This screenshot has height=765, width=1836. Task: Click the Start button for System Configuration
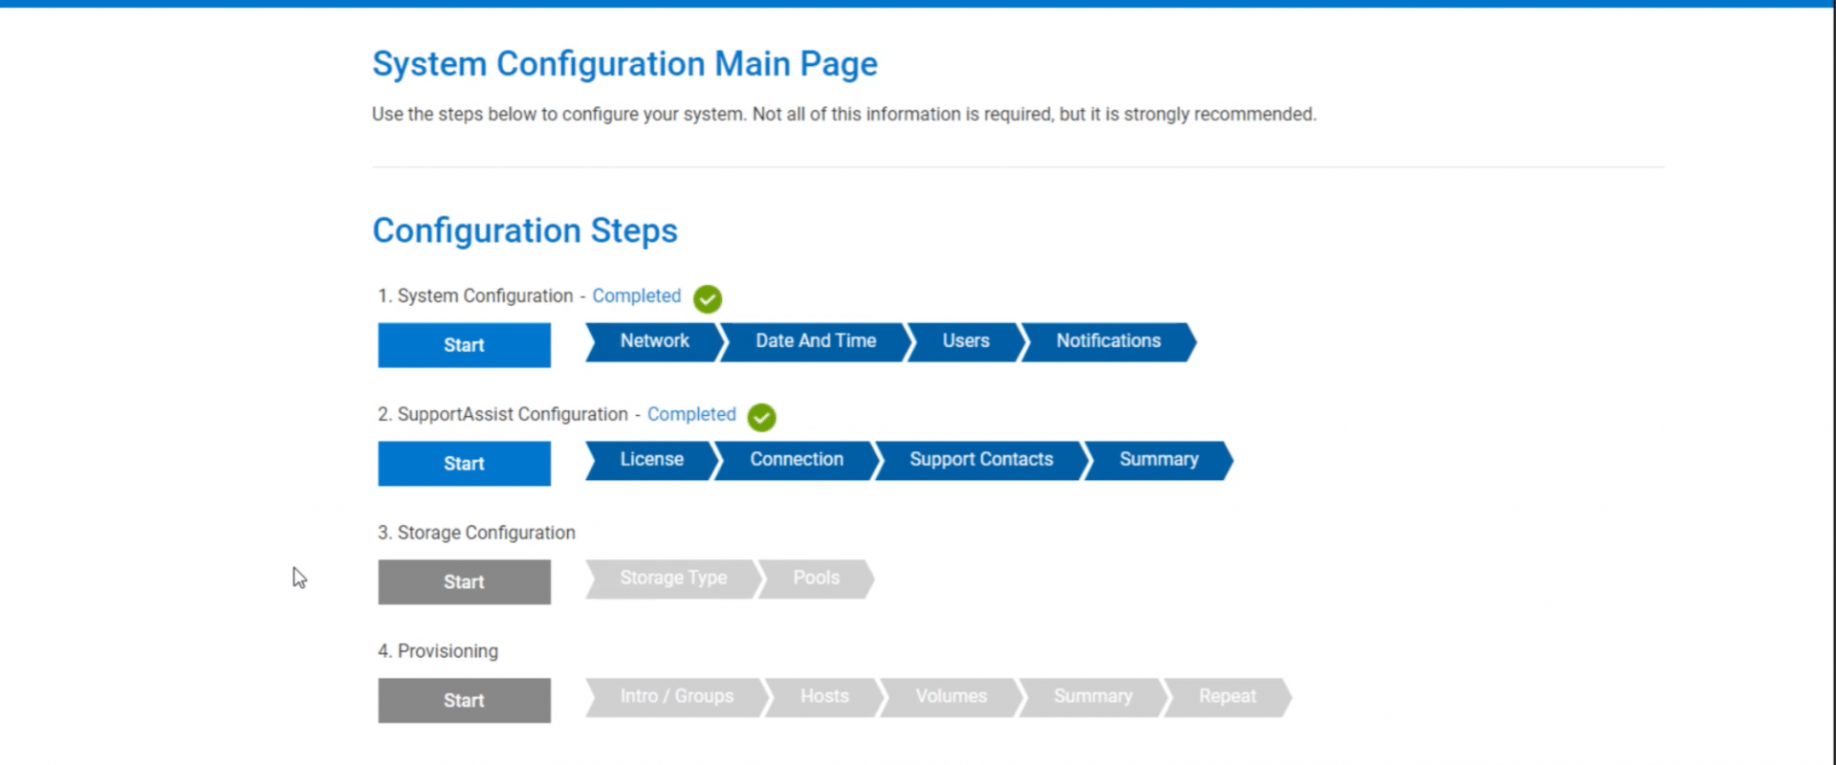coord(464,345)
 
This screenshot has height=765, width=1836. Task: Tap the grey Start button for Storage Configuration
coord(464,582)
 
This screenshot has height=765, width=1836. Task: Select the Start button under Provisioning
coord(464,701)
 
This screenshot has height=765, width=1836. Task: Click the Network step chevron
coord(654,341)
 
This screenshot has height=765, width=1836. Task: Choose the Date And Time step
coord(815,341)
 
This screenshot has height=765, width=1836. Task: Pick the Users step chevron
coord(966,341)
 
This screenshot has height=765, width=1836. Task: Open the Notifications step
coord(1108,341)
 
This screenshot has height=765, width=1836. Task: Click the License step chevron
coord(652,460)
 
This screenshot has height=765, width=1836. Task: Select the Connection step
coord(797,460)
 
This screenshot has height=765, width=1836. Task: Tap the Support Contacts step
coord(981,460)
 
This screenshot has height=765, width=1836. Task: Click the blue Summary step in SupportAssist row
coord(1158,460)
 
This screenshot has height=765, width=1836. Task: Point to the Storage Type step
coord(673,579)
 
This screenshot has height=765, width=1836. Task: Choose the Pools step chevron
coord(816,579)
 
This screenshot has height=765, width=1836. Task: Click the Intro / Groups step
coord(677,697)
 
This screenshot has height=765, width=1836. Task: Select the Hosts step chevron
coord(824,697)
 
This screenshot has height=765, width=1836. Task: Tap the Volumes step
coord(951,697)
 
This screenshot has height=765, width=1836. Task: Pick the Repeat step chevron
coord(1228,697)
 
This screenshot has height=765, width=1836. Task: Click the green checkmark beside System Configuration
coord(708,299)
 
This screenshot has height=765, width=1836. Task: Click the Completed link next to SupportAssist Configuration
coord(691,415)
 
